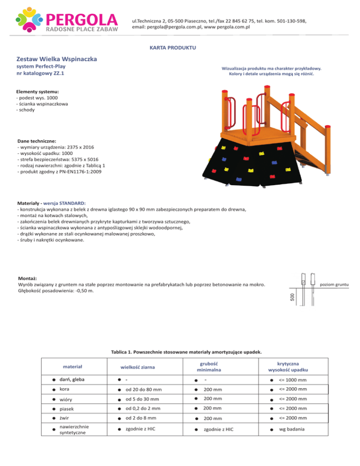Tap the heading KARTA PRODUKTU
click(172, 48)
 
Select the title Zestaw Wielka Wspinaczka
click(57, 60)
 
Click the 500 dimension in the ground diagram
click(292, 297)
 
